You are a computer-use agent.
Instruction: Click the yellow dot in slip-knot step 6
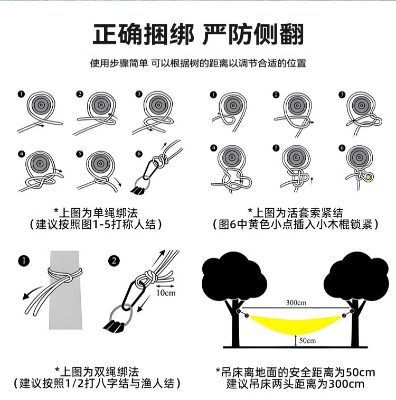tap(368, 177)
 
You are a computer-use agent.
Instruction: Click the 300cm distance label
tap(296, 303)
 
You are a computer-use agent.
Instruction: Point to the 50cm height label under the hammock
tap(307, 341)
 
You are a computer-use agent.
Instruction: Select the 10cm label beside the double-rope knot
tap(166, 293)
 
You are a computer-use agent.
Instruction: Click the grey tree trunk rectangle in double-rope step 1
tap(65, 290)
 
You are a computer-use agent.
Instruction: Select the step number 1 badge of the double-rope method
tap(24, 261)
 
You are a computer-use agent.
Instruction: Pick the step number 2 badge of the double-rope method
tap(114, 261)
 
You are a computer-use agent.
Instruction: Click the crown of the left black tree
tap(234, 277)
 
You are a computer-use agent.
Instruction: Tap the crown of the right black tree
tap(356, 277)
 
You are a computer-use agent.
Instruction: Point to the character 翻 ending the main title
tap(292, 34)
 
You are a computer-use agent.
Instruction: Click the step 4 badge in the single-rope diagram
tap(22, 154)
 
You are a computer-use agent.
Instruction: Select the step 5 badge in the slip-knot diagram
tap(276, 148)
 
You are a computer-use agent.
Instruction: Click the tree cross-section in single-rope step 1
tap(41, 105)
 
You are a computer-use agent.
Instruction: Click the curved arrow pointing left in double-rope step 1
tap(33, 292)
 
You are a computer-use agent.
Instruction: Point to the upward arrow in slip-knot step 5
tap(312, 180)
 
